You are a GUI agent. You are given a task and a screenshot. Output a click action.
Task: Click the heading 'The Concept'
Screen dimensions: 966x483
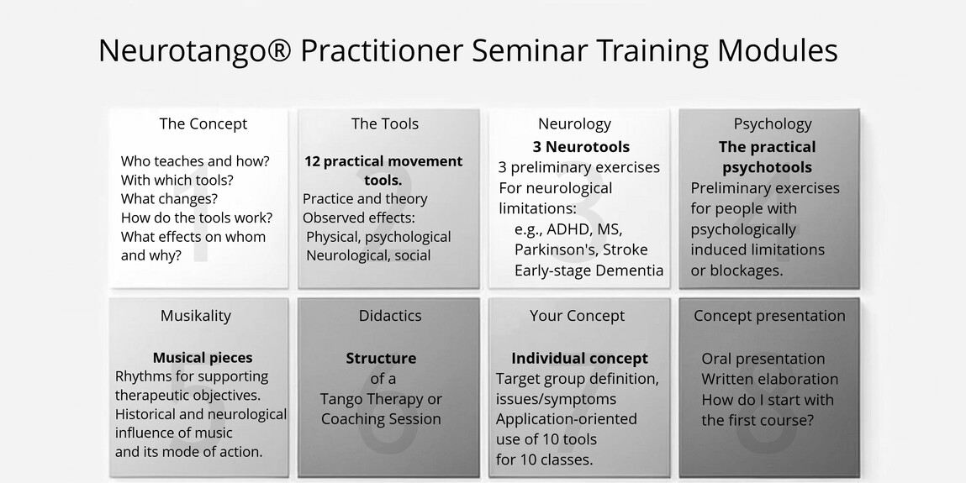pos(203,123)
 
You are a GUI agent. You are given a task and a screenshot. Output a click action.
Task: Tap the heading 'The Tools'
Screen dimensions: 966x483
pos(385,123)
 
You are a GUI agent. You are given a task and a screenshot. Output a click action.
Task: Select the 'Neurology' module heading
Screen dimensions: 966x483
pos(575,124)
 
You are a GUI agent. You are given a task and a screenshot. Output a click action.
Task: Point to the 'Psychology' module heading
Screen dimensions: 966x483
pos(773,124)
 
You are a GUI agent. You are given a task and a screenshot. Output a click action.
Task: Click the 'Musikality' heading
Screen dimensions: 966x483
pos(196,316)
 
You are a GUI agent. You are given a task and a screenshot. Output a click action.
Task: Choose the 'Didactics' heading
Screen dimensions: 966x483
pos(390,316)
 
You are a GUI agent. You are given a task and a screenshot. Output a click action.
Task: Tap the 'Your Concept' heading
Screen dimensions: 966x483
pos(578,316)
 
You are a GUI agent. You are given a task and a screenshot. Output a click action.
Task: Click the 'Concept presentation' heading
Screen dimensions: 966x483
pos(769,316)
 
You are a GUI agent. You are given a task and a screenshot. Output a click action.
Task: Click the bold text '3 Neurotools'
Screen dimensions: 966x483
pos(582,147)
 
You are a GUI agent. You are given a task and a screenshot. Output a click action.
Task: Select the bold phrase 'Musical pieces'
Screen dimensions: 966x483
pos(203,358)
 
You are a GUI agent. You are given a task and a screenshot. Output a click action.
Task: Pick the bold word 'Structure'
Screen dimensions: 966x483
pos(381,358)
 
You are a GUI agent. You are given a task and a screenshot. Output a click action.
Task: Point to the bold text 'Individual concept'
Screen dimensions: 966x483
pos(580,358)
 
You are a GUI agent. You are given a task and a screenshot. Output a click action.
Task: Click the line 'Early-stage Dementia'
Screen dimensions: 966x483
pos(589,270)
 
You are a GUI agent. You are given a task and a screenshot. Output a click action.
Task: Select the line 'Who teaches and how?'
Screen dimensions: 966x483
pos(195,161)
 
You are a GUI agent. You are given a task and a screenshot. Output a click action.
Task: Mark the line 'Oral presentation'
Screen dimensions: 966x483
pos(763,359)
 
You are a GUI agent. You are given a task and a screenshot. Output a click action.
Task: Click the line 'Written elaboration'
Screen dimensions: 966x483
pos(769,379)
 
